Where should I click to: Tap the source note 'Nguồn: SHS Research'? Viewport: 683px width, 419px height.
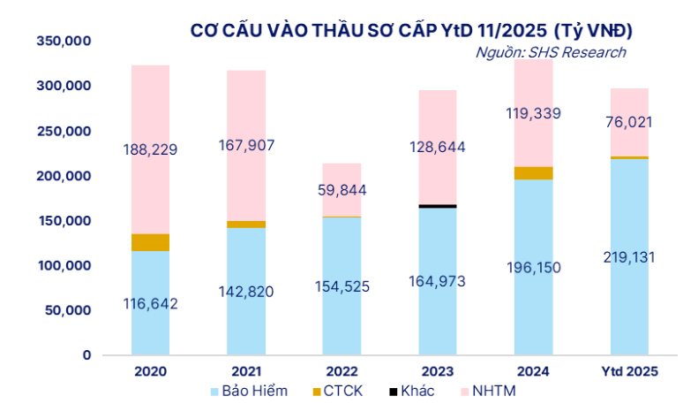(x=551, y=52)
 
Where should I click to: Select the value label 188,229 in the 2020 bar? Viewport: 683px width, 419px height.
(x=150, y=150)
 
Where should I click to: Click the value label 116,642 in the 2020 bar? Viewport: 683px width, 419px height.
(x=150, y=304)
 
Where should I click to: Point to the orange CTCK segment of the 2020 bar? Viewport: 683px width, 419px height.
(x=150, y=242)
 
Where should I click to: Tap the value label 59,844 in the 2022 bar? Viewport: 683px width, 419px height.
(x=341, y=190)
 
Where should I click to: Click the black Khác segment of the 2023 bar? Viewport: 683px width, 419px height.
(x=438, y=206)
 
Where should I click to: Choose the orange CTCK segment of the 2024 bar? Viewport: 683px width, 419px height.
(x=534, y=173)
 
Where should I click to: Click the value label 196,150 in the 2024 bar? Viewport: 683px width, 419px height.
(x=534, y=266)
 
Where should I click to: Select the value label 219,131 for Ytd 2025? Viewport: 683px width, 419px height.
(x=629, y=255)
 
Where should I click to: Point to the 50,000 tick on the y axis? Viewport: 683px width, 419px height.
(x=66, y=310)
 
